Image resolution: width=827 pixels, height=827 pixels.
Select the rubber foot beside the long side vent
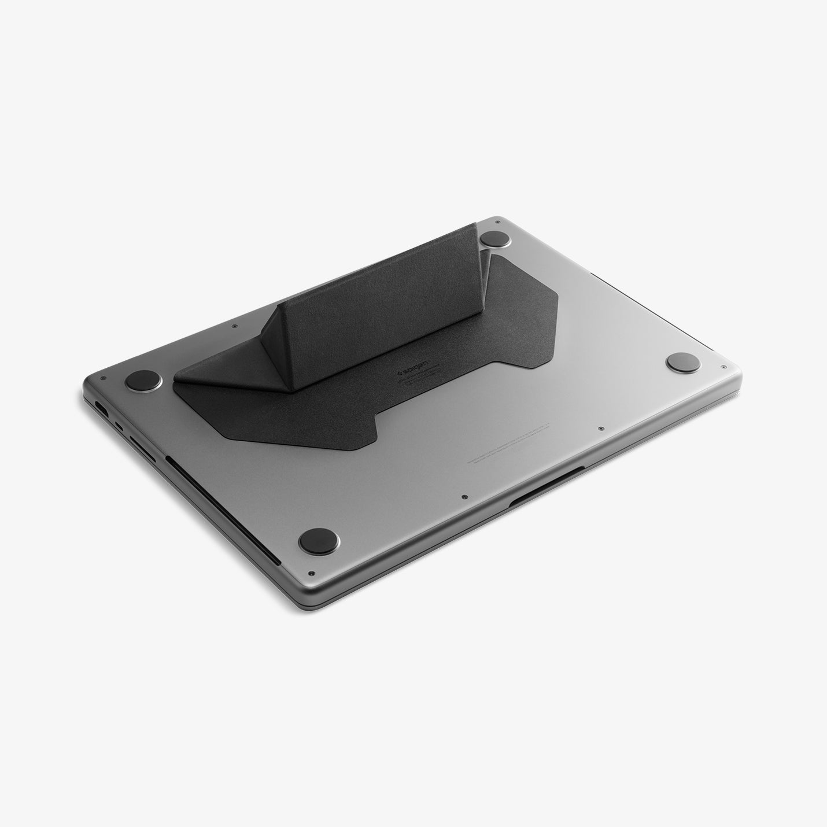[319, 541]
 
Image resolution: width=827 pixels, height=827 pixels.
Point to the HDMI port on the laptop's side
[101, 407]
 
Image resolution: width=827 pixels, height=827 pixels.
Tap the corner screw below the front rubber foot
[311, 573]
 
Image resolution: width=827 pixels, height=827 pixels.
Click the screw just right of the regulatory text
[601, 429]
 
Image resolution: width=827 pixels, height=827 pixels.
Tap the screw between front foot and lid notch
[465, 496]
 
